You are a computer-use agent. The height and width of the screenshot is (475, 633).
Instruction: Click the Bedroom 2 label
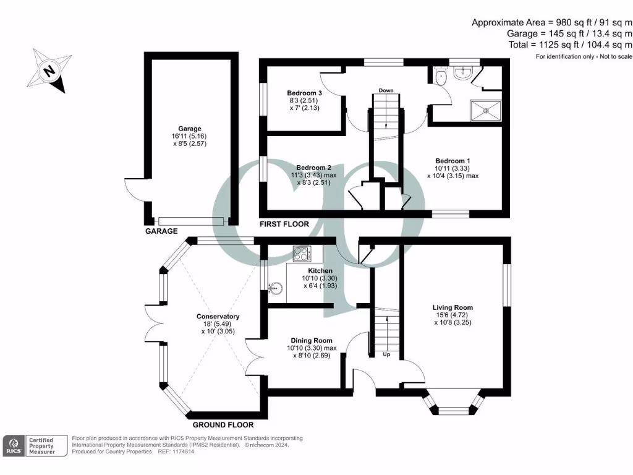313,168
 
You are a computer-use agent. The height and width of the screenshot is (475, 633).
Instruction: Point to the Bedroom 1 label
453,161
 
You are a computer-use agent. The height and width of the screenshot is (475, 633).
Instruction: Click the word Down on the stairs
386,91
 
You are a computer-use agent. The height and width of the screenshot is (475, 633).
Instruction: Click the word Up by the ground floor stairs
386,356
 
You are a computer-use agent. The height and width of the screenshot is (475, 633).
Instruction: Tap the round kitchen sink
276,286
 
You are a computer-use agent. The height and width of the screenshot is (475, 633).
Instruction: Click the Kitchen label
320,271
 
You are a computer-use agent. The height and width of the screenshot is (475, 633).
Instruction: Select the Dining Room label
312,340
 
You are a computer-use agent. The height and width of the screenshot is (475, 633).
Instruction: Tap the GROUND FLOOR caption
223,425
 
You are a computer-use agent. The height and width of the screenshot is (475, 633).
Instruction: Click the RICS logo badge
13,446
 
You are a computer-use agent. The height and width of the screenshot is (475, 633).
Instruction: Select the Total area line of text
569,45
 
